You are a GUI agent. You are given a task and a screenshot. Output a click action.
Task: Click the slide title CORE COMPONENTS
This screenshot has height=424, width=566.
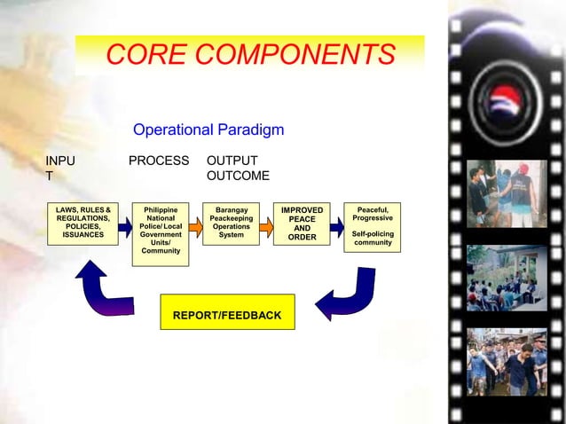pos(250,55)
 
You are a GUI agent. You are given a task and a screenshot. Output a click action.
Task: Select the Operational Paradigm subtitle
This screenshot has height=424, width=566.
pos(208,130)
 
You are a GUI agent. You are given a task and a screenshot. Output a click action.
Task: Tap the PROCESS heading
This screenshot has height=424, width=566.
pos(159,161)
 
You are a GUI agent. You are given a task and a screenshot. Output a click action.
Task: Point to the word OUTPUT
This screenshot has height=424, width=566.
pos(232,161)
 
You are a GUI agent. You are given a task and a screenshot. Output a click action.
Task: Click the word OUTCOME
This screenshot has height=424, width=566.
pos(238,176)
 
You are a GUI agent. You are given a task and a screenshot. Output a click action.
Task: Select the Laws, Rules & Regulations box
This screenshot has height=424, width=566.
pos(83,224)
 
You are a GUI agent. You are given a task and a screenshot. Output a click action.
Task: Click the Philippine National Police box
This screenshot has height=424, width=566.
pos(161,231)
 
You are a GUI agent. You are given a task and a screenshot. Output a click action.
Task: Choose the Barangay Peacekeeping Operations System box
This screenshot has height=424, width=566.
pos(231,224)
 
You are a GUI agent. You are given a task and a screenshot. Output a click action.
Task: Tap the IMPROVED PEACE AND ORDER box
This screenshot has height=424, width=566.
pos(302,224)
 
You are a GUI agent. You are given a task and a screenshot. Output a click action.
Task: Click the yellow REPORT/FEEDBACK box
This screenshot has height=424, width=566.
pos(227,315)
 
